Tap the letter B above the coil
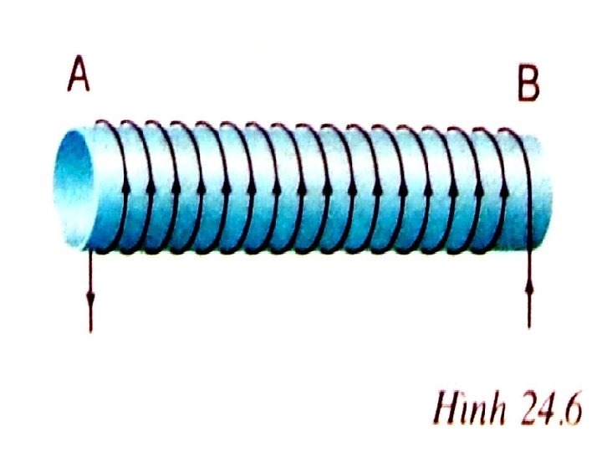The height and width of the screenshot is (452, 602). (528, 84)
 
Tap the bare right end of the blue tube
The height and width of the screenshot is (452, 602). (542, 188)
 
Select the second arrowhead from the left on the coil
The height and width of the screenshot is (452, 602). (150, 186)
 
